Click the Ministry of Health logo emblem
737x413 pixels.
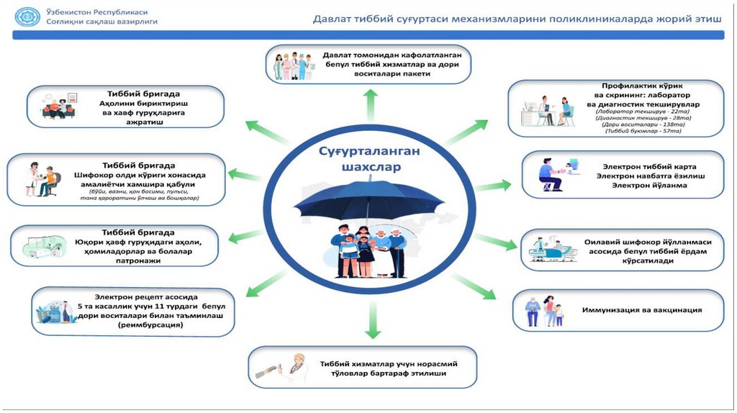click(28, 17)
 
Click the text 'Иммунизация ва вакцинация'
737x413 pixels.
click(642, 310)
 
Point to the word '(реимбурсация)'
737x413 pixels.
click(150, 325)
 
